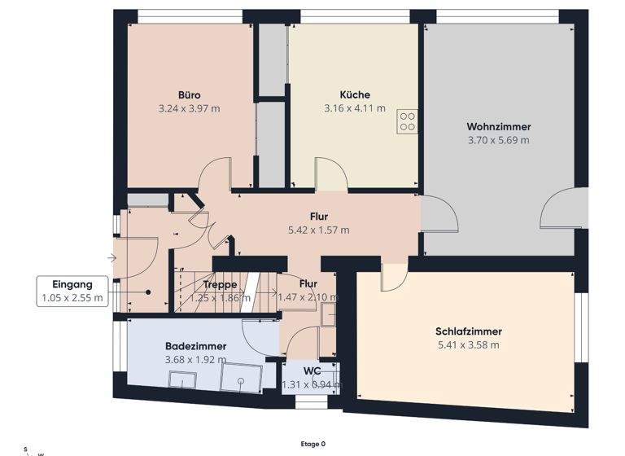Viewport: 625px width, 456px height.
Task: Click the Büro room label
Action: tap(189, 94)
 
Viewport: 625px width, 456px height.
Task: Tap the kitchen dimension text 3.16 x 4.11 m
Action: tap(354, 107)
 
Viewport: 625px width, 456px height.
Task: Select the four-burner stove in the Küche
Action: tap(407, 121)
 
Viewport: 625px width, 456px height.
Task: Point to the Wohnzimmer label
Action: tap(498, 127)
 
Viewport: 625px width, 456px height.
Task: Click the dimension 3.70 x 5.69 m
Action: tap(498, 140)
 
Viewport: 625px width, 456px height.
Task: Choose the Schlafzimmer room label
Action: tap(468, 331)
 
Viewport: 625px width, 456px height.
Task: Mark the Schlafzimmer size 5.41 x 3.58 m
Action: tap(468, 344)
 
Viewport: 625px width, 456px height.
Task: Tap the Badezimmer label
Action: tap(195, 346)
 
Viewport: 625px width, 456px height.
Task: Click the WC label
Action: tap(312, 371)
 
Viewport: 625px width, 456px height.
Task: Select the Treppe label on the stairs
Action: tap(221, 285)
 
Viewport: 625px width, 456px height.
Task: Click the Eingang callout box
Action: tap(72, 292)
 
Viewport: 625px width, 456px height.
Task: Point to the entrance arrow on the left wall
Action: tap(111, 258)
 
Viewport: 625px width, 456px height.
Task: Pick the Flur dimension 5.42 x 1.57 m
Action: tap(318, 230)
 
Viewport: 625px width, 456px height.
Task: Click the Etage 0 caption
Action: tap(312, 444)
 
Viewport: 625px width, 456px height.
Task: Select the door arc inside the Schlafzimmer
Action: tap(394, 278)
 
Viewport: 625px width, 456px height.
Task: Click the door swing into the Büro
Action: tap(216, 173)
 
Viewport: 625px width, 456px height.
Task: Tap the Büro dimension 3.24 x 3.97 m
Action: tap(189, 107)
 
